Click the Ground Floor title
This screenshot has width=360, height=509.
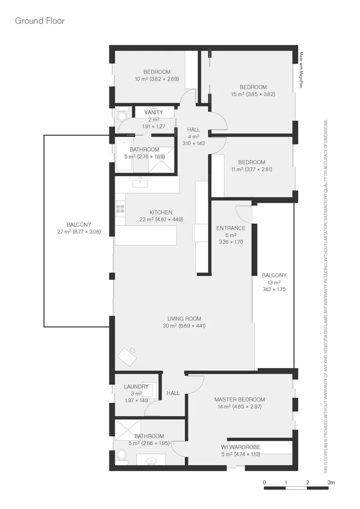pos(40,21)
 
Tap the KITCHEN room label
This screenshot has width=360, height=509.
pos(161,213)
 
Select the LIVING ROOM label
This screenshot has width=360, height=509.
pos(184,319)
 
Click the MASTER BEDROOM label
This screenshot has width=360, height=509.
pos(239,399)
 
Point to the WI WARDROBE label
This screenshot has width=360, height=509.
pos(241,447)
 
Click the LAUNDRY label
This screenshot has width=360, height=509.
pos(136,386)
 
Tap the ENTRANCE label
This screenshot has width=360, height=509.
pos(230,228)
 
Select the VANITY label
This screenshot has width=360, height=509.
pos(154,112)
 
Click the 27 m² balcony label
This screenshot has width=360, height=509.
pos(79,225)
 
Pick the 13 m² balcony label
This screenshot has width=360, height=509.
pos(274,275)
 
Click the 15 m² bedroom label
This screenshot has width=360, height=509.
pos(253,87)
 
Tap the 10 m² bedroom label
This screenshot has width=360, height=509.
pos(157,72)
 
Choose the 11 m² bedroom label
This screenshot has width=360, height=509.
pos(251,162)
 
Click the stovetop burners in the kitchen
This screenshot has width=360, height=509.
pos(120,208)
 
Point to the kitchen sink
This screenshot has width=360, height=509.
pos(140,183)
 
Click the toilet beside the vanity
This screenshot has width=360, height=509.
pos(122,116)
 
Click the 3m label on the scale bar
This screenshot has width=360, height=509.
pos(331,483)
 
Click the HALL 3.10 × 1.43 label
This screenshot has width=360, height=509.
pos(193,130)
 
